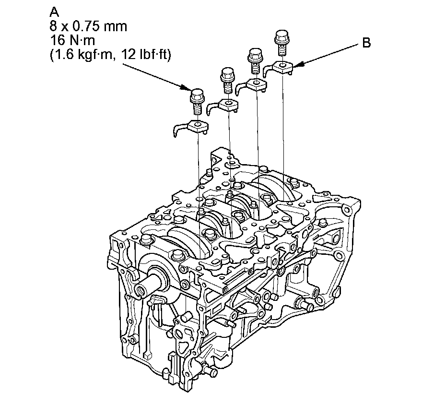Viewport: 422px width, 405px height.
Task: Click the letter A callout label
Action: [54, 12]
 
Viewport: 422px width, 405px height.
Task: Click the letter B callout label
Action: [366, 43]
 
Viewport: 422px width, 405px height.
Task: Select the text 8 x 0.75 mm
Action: [88, 26]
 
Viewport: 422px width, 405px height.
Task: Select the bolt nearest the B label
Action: [281, 43]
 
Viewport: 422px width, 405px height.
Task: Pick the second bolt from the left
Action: [228, 81]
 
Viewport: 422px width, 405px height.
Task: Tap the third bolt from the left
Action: [255, 61]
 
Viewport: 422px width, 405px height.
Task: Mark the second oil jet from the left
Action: [223, 106]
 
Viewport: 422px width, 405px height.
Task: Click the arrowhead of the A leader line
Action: [186, 87]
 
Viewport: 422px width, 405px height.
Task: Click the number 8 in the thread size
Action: [53, 26]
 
